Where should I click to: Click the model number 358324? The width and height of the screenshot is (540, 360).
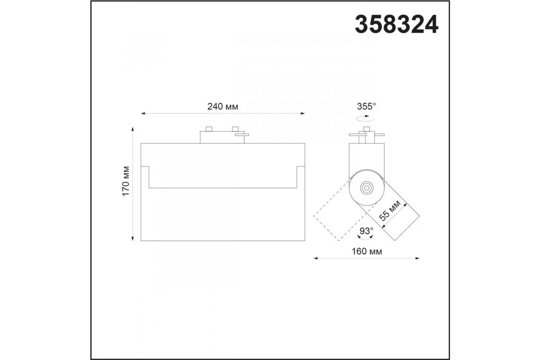point(396,24)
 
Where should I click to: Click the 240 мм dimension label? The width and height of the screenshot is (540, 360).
point(223,106)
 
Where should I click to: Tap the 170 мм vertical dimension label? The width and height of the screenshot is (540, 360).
point(126,181)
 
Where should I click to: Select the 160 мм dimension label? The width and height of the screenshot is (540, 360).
point(367,252)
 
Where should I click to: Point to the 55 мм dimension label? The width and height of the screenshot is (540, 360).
point(390,210)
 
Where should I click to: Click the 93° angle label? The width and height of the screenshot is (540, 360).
point(366,231)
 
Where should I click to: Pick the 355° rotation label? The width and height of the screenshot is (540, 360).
point(366,106)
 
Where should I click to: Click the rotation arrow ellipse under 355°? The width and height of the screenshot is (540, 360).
point(365,118)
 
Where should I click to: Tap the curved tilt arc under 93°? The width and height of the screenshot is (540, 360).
point(365,238)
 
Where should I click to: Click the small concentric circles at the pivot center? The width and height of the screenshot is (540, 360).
point(367,188)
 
